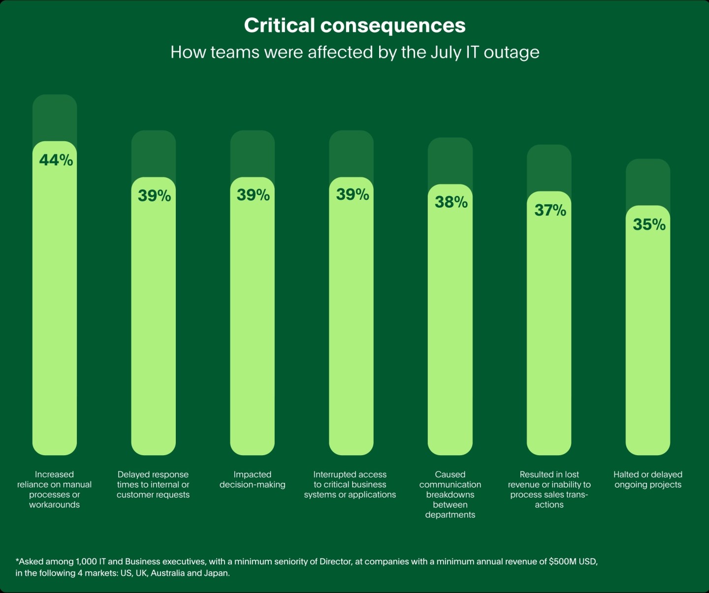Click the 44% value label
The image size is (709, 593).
coord(56,160)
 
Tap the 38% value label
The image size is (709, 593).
coord(451,202)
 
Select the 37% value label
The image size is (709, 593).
coord(550,210)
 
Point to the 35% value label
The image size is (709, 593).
coord(649,224)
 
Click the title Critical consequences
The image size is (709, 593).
coord(354,26)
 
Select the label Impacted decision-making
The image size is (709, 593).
coord(252,479)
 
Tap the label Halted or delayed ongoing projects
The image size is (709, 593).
coord(647,479)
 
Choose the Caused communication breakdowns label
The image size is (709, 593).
coord(450,494)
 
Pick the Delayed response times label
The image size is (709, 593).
coord(153,484)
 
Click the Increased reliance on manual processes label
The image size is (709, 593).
coord(54,489)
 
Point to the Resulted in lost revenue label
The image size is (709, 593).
coord(549,489)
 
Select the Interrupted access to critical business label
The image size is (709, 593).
coord(350,484)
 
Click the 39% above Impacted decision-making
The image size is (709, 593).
coord(253,195)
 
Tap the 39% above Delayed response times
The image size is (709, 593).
coord(154,195)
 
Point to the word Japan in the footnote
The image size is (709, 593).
coord(217,573)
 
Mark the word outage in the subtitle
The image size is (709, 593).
coord(512,52)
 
